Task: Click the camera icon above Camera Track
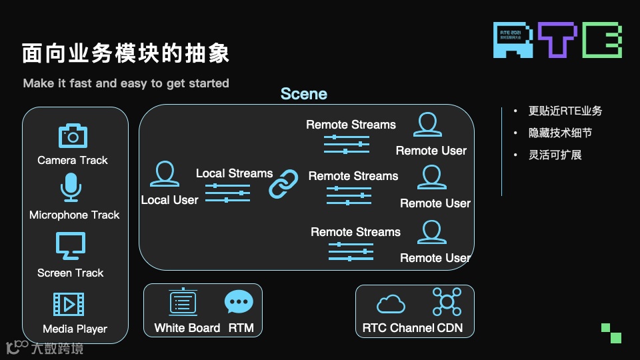73,135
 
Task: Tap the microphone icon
71,187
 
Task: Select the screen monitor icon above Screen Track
71,246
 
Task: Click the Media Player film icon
69,305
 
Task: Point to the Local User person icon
165,175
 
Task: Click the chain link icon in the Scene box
284,184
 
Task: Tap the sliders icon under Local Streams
227,193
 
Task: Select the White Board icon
183,303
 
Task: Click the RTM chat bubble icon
239,303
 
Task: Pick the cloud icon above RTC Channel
391,305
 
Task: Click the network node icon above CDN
447,302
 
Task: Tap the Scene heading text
304,94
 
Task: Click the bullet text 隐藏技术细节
560,133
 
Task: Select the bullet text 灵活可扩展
555,155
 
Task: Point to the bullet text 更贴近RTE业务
565,111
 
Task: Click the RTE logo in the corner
557,39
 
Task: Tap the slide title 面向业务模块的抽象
126,53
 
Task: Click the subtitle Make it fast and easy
126,83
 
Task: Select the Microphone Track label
74,215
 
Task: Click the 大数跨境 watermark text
57,347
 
